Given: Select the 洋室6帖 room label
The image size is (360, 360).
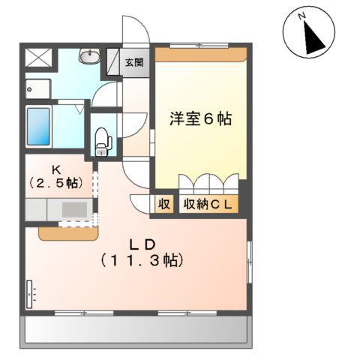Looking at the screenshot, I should point(200,118).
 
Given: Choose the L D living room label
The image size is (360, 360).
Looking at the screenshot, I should point(140,244).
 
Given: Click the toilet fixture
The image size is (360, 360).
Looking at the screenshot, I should point(103,139).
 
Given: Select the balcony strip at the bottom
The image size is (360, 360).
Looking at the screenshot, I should point(137,328).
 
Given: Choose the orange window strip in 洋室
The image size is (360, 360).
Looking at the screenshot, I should point(200,53).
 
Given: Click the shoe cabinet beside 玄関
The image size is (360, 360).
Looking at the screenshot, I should point(115,61).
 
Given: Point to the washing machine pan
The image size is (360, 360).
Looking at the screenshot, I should point(37,88).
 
